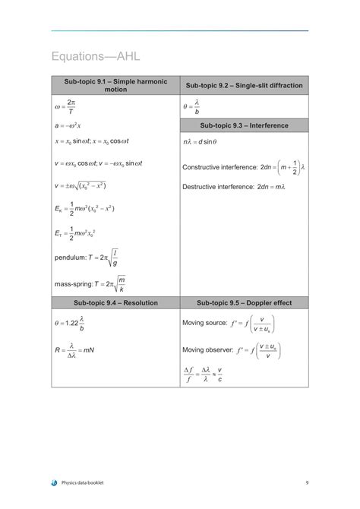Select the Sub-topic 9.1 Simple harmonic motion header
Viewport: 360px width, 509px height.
(115, 85)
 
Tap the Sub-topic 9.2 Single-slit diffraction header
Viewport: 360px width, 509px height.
(244, 85)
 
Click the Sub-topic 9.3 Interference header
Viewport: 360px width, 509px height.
(244, 125)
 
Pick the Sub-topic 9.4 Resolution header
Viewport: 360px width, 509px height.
(115, 302)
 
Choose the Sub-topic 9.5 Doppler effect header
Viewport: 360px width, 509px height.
(244, 302)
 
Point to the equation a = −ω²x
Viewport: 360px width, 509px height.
(68, 125)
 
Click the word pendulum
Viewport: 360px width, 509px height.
(70, 258)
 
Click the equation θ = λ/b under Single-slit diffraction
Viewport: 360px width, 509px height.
(191, 107)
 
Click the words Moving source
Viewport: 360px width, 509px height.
(204, 323)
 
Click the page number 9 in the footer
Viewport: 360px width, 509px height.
(307, 482)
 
